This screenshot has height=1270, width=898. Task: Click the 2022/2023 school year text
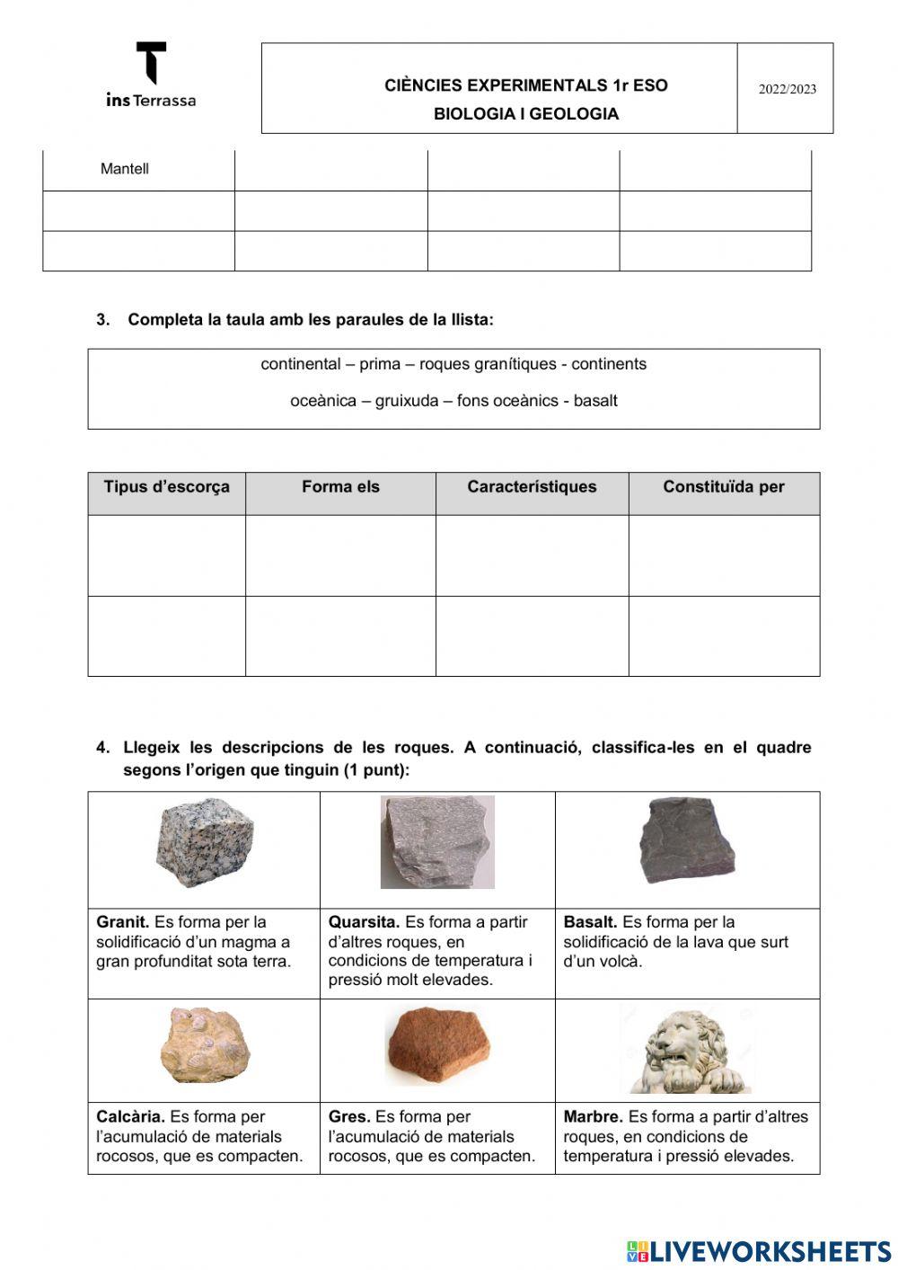pos(787,89)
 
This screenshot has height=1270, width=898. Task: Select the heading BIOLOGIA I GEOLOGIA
pos(525,114)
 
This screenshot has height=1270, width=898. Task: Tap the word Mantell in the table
pos(125,169)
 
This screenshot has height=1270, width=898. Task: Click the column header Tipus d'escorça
pos(166,487)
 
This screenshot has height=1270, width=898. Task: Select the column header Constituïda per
pos(723,487)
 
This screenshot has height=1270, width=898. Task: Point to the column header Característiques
pos(532,487)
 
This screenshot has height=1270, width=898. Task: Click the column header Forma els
pos(340,487)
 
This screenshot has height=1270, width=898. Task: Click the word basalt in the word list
pos(595,401)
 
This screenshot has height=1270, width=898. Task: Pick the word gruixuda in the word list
pos(404,401)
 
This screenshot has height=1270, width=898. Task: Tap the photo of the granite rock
pos(204,843)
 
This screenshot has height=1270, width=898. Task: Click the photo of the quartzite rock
pos(437,842)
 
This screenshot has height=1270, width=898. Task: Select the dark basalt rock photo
pos(687,839)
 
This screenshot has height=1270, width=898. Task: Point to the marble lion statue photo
pos(687,1051)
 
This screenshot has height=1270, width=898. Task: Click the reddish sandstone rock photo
pos(439,1045)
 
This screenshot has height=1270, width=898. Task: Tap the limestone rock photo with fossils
pos(205,1045)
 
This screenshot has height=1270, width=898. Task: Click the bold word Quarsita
pos(364,922)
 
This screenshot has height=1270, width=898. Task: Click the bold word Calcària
pos(130,1117)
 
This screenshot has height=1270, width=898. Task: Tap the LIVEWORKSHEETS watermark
pos(759,1251)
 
